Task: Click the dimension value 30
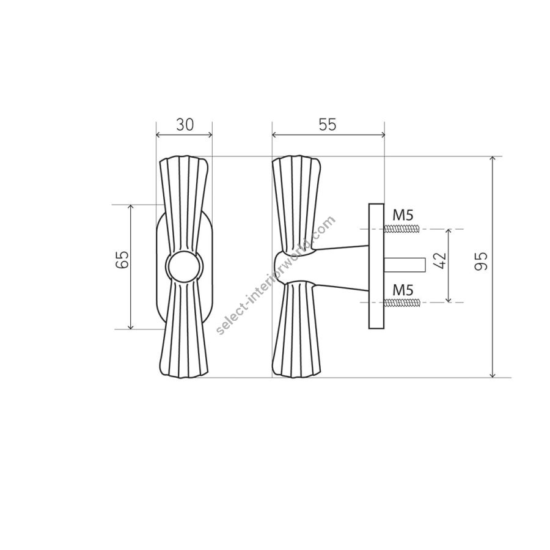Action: pyautogui.click(x=185, y=125)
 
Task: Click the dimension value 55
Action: pyautogui.click(x=328, y=125)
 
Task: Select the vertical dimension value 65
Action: pyautogui.click(x=122, y=259)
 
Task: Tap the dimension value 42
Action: pyautogui.click(x=439, y=260)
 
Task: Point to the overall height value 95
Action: pyautogui.click(x=481, y=262)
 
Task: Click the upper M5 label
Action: pyautogui.click(x=403, y=215)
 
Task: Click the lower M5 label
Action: pyautogui.click(x=403, y=290)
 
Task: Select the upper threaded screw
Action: pyautogui.click(x=402, y=229)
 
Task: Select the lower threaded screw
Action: pyautogui.click(x=402, y=302)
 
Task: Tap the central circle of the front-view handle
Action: pyautogui.click(x=184, y=267)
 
